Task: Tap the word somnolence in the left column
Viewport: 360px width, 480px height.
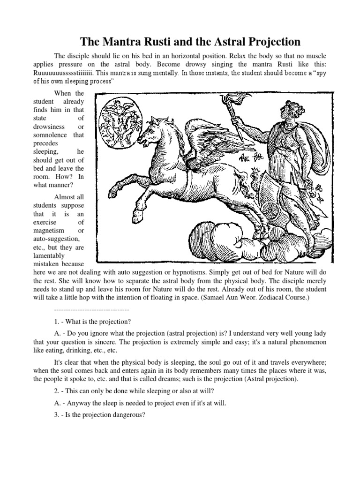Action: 51,135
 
